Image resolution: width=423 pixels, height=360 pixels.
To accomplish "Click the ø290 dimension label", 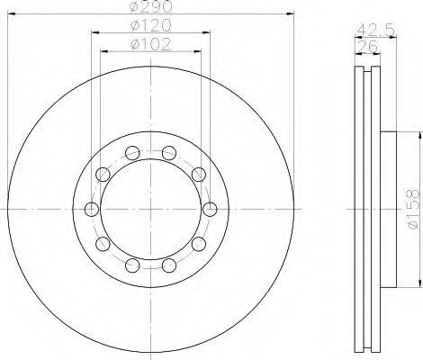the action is click(151, 6).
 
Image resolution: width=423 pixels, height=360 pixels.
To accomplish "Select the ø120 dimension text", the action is click(151, 25).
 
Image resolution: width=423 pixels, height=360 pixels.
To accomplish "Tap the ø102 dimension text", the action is click(151, 44).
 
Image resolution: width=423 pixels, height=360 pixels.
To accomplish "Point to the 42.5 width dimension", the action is click(375, 31).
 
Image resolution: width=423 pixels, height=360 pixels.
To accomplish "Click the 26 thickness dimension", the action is click(366, 47).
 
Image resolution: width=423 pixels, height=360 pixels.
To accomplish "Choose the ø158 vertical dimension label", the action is click(414, 209).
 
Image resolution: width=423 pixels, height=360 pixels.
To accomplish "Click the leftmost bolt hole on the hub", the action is click(92, 209).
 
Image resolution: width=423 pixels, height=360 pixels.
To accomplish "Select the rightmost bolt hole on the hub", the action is click(210, 209).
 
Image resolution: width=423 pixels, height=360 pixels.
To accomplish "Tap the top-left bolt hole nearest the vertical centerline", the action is click(132, 153).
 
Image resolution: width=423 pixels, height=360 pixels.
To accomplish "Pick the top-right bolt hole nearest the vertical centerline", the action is click(169, 153).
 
